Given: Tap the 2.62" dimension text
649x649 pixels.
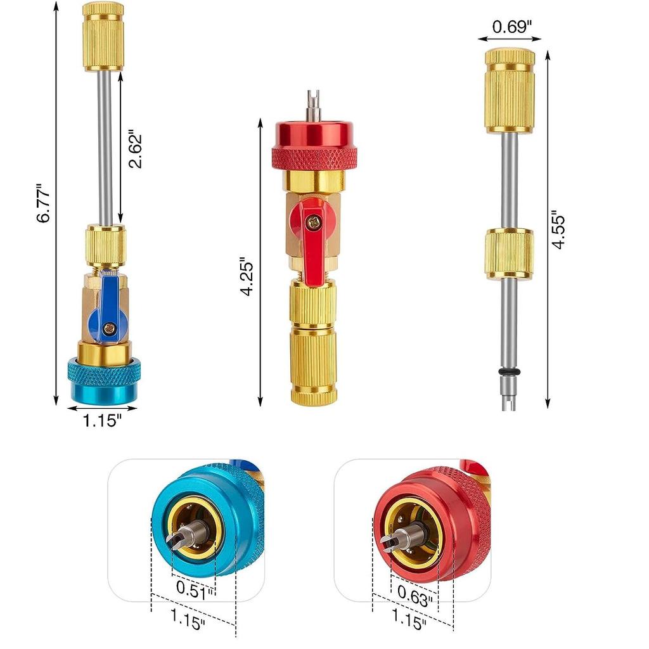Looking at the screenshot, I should (x=134, y=150).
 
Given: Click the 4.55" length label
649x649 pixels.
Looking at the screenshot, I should (x=558, y=229).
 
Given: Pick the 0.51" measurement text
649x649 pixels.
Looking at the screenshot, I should (x=195, y=589).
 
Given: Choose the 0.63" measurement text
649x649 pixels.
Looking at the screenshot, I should (x=416, y=594).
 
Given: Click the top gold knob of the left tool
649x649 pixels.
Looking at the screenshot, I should (x=103, y=36).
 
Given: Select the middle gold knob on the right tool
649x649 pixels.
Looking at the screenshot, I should (x=509, y=254).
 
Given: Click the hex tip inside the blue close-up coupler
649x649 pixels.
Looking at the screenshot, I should (x=179, y=539).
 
